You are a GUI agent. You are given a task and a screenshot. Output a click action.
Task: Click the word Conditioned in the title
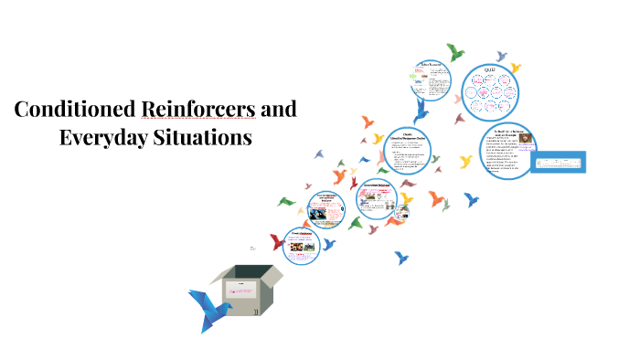[x=76, y=111]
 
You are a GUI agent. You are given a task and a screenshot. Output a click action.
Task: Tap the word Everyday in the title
[x=102, y=139]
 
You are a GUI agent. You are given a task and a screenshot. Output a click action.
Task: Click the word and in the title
[x=279, y=111]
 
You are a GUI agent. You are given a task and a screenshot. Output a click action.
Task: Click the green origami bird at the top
[x=454, y=51]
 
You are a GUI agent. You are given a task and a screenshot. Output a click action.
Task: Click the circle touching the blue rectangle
[x=508, y=152]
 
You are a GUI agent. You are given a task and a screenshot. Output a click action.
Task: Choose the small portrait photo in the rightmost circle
[x=528, y=142]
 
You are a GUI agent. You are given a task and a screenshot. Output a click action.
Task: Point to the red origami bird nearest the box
[x=276, y=242]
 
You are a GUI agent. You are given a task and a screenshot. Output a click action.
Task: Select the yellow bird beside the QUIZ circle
[x=516, y=67]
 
